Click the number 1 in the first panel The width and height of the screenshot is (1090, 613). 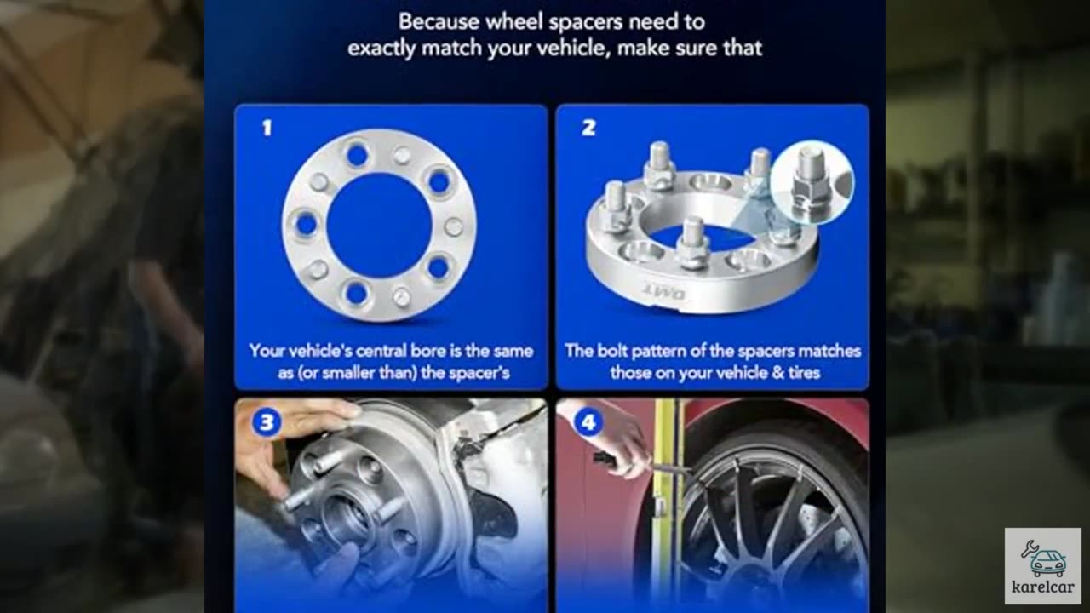click(x=267, y=128)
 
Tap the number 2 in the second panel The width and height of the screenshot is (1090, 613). click(x=588, y=128)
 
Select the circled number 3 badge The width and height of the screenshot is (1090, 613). click(x=267, y=422)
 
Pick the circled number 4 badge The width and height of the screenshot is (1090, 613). click(x=588, y=422)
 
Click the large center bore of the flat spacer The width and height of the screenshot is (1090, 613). click(x=379, y=225)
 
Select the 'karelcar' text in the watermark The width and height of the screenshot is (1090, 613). click(x=1043, y=587)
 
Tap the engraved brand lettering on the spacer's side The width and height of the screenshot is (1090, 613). click(x=666, y=291)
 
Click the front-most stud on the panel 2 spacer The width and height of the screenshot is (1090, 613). click(x=691, y=243)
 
